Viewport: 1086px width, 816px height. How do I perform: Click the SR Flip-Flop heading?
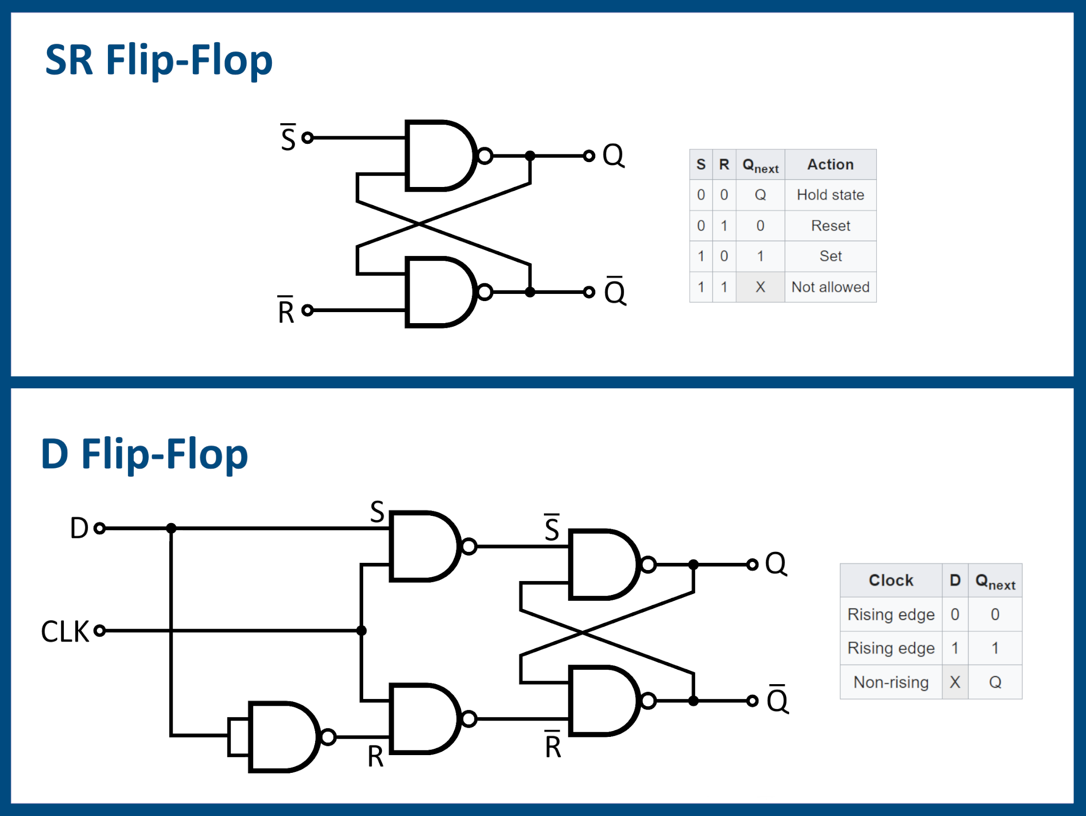[158, 60]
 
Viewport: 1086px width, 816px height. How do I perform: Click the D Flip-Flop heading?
[144, 454]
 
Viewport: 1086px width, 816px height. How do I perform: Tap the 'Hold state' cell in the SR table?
[830, 195]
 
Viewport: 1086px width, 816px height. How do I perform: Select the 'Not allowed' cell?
[830, 287]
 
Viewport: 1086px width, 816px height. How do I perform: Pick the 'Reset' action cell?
[830, 226]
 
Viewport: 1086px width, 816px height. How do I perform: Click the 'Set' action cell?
[830, 256]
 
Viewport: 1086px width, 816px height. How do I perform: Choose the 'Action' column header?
[830, 164]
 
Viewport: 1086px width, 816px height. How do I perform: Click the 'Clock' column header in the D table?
[891, 581]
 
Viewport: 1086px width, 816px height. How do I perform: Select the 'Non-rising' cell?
[891, 682]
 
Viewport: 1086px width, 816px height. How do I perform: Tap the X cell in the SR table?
[760, 287]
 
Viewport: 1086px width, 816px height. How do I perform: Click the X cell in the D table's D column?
[955, 682]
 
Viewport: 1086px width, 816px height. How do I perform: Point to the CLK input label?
[65, 631]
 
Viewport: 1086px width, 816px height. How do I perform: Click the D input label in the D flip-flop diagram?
[79, 528]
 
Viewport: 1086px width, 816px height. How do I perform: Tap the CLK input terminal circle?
[100, 630]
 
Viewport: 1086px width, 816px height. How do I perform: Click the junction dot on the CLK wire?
[361, 630]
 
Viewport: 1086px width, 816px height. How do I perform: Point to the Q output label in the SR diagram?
[613, 155]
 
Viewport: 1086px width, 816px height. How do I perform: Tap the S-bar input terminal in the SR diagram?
[308, 138]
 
